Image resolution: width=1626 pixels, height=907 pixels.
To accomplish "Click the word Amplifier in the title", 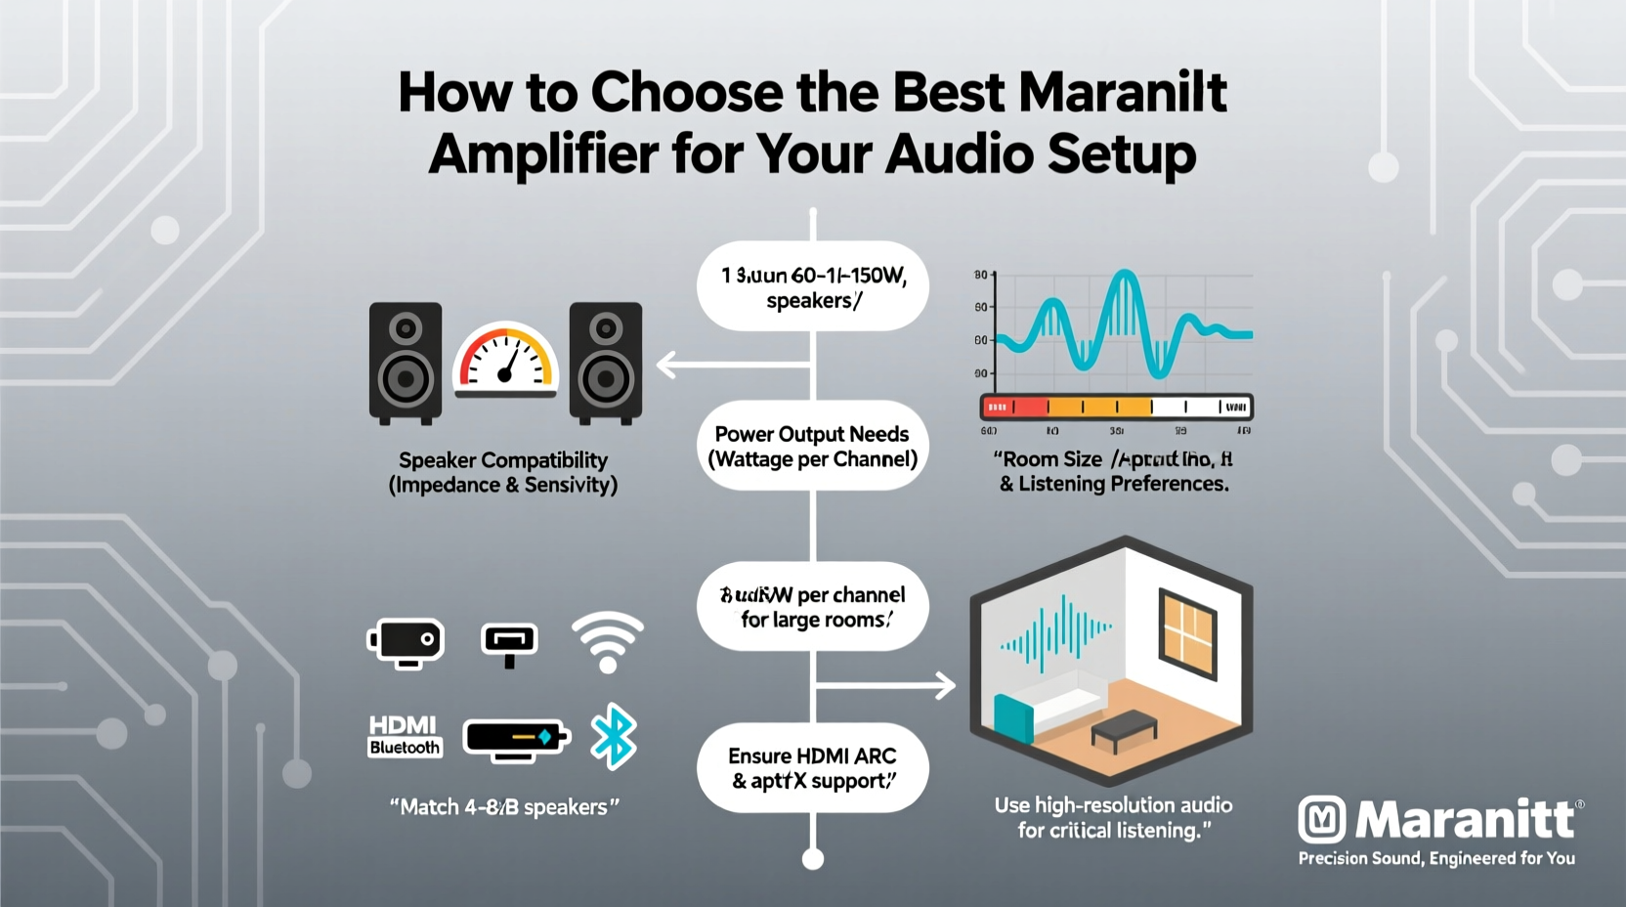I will (542, 154).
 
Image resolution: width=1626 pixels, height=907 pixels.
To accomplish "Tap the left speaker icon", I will (406, 364).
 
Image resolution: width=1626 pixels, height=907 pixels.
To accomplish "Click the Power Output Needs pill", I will (812, 447).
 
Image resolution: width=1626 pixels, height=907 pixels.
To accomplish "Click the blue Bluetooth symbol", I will (614, 736).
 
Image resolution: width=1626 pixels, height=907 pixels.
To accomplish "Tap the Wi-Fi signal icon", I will (608, 641).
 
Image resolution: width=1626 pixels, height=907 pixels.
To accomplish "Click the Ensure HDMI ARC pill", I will (812, 768).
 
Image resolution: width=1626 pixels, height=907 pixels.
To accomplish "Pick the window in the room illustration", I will (1186, 632).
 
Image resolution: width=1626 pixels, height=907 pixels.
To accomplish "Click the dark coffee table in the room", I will (1125, 729).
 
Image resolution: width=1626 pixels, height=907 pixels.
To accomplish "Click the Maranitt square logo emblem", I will (1322, 819).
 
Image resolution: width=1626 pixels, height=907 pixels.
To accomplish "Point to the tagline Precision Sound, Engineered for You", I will (1435, 858).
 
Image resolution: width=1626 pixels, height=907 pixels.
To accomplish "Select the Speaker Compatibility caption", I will (503, 472).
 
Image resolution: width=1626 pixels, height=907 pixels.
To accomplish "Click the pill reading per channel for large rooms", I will (812, 607).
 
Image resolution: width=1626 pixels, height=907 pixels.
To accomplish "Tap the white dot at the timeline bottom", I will (812, 859).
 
